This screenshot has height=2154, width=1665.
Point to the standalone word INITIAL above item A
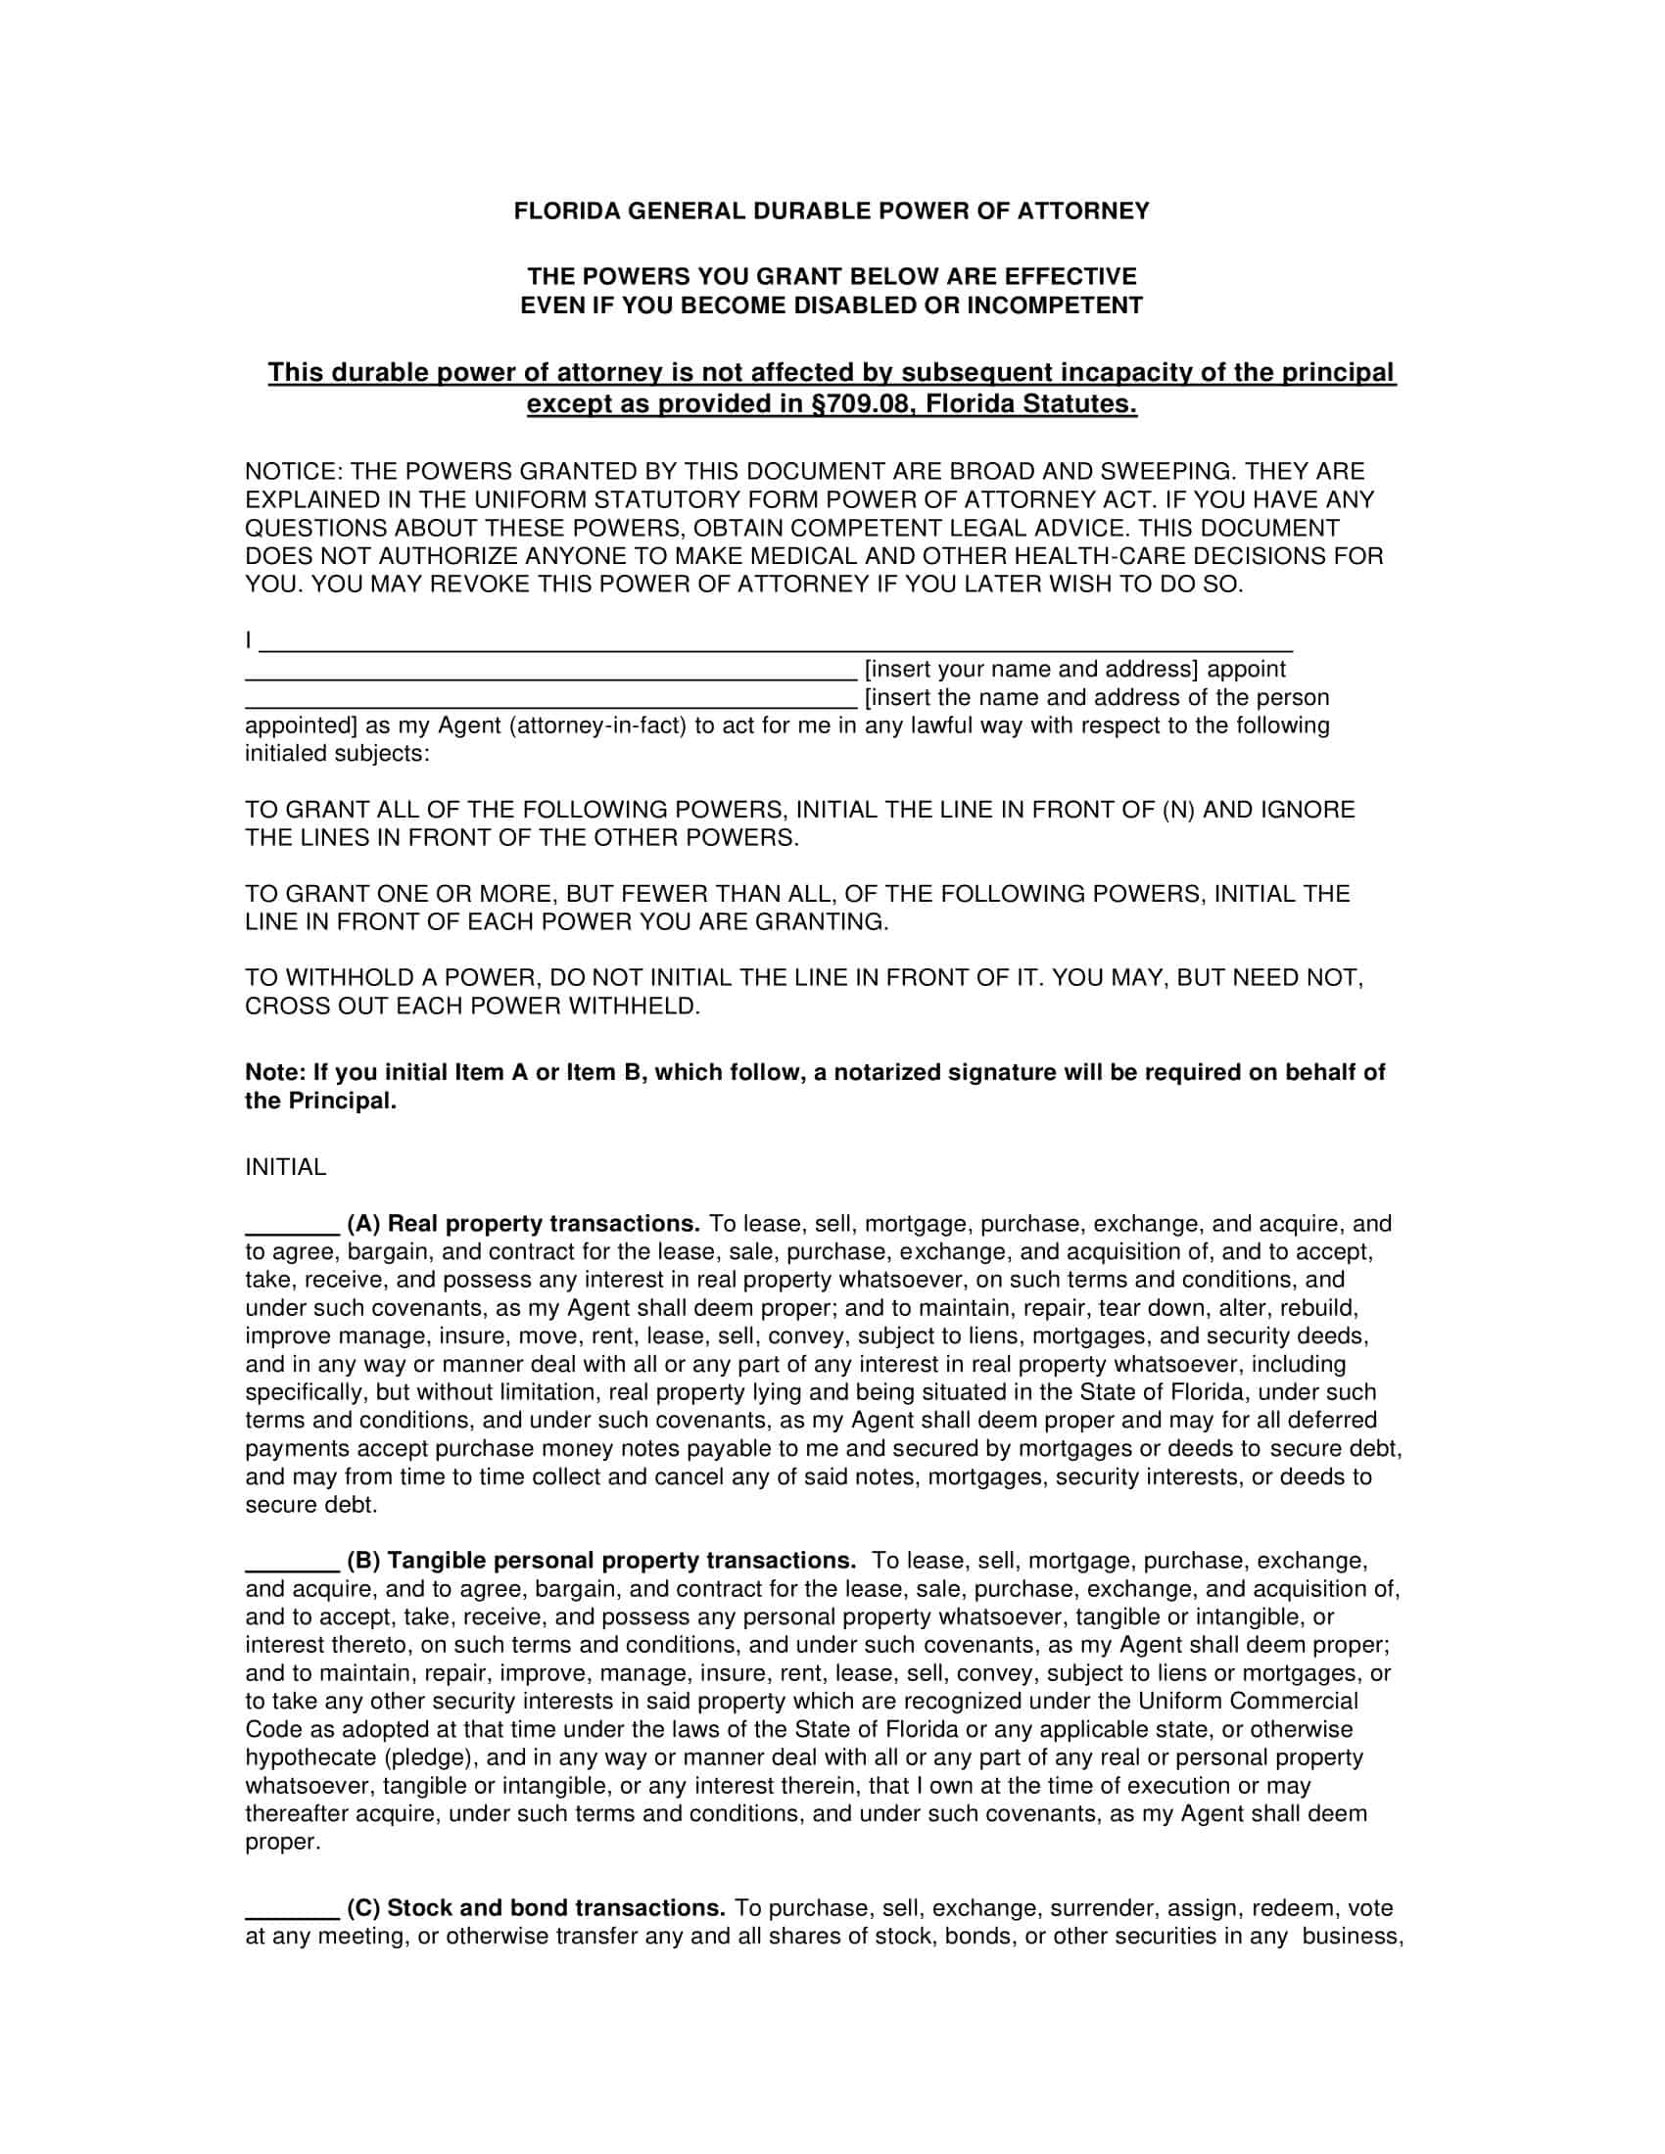[x=285, y=1168]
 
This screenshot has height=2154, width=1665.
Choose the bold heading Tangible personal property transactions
[x=621, y=1562]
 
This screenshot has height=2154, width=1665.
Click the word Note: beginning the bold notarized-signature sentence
[x=275, y=1073]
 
